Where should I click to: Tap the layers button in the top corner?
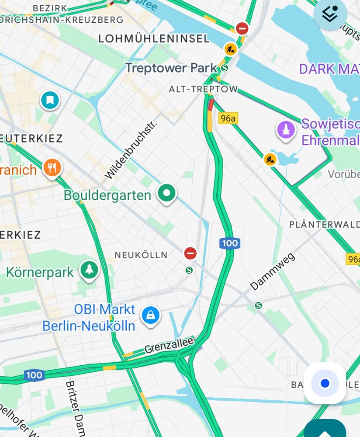point(330,14)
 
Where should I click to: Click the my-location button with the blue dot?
point(325,383)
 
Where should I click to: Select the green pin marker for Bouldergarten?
point(166,193)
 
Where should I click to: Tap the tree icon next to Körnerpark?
point(89,270)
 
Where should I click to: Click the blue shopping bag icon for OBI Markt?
point(150,316)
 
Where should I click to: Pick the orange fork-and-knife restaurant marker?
point(52,167)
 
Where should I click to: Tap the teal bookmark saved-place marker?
point(50,100)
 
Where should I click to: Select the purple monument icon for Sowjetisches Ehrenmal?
point(286,129)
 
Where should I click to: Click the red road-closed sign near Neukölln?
point(190,253)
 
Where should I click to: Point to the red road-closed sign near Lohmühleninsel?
point(242,29)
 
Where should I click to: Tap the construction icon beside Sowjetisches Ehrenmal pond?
point(270,159)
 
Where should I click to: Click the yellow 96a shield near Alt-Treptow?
point(228,118)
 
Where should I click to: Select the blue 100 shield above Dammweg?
point(230,243)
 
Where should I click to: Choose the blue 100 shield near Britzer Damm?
point(34,375)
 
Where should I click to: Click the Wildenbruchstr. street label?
point(131,150)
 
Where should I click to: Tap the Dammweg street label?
point(273,272)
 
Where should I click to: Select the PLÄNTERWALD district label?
point(324,224)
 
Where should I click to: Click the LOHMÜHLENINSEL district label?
point(154,38)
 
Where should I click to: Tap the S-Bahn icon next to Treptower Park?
point(224,68)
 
